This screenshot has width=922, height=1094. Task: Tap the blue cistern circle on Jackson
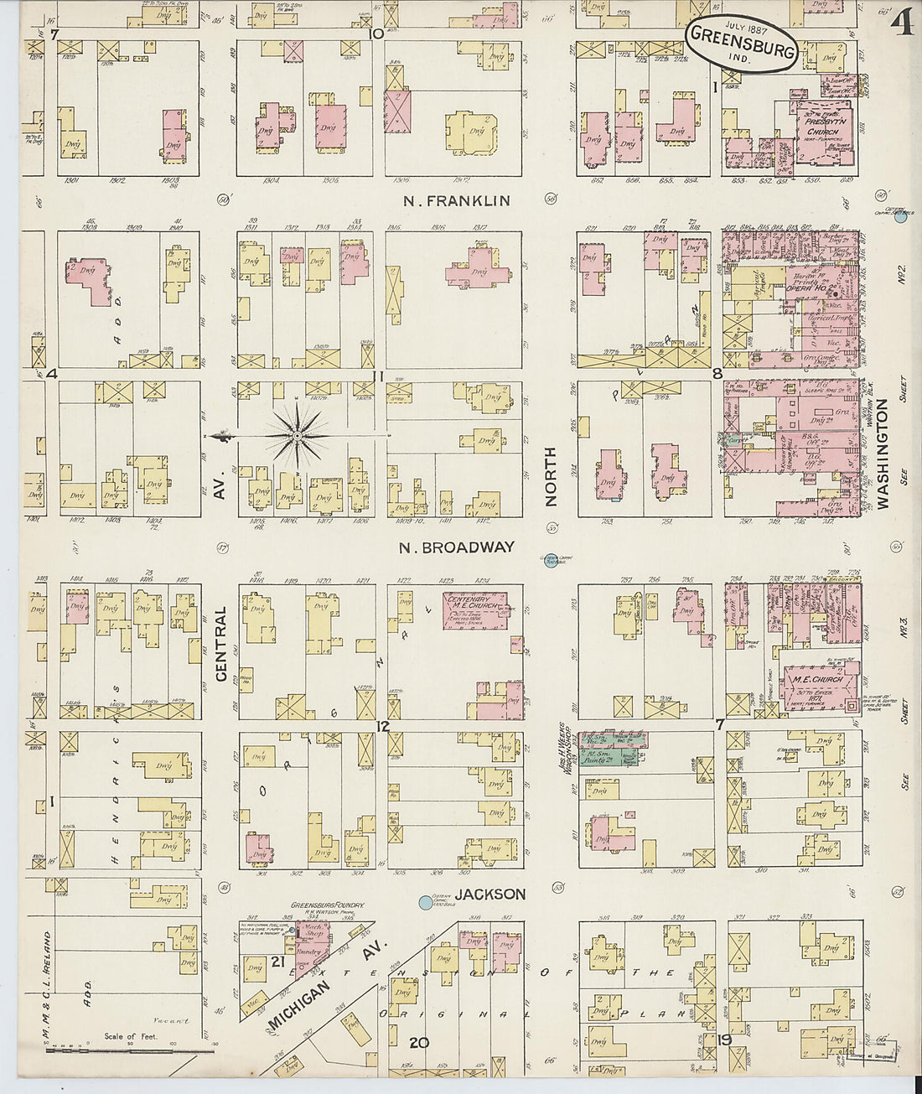(426, 903)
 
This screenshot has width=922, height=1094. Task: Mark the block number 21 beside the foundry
(278, 961)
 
